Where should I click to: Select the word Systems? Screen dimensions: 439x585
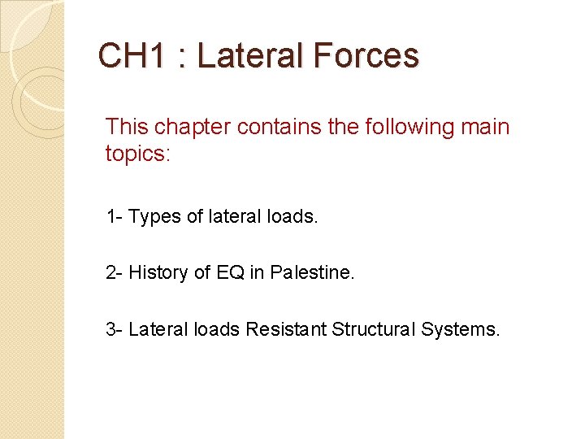(460, 330)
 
